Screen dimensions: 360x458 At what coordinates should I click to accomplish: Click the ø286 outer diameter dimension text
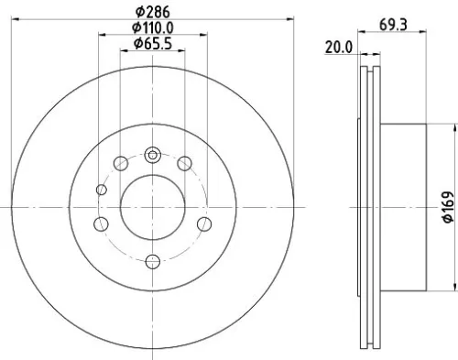click(153, 12)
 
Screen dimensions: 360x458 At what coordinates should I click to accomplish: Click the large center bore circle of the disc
click(153, 202)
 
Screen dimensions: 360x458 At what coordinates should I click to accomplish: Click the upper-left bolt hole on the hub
click(121, 164)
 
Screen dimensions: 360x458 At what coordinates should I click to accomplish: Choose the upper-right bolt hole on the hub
click(185, 164)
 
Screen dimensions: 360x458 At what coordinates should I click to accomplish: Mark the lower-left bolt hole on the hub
click(103, 224)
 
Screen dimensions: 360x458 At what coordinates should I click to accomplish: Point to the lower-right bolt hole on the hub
click(203, 224)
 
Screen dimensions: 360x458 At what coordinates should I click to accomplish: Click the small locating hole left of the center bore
click(103, 191)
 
